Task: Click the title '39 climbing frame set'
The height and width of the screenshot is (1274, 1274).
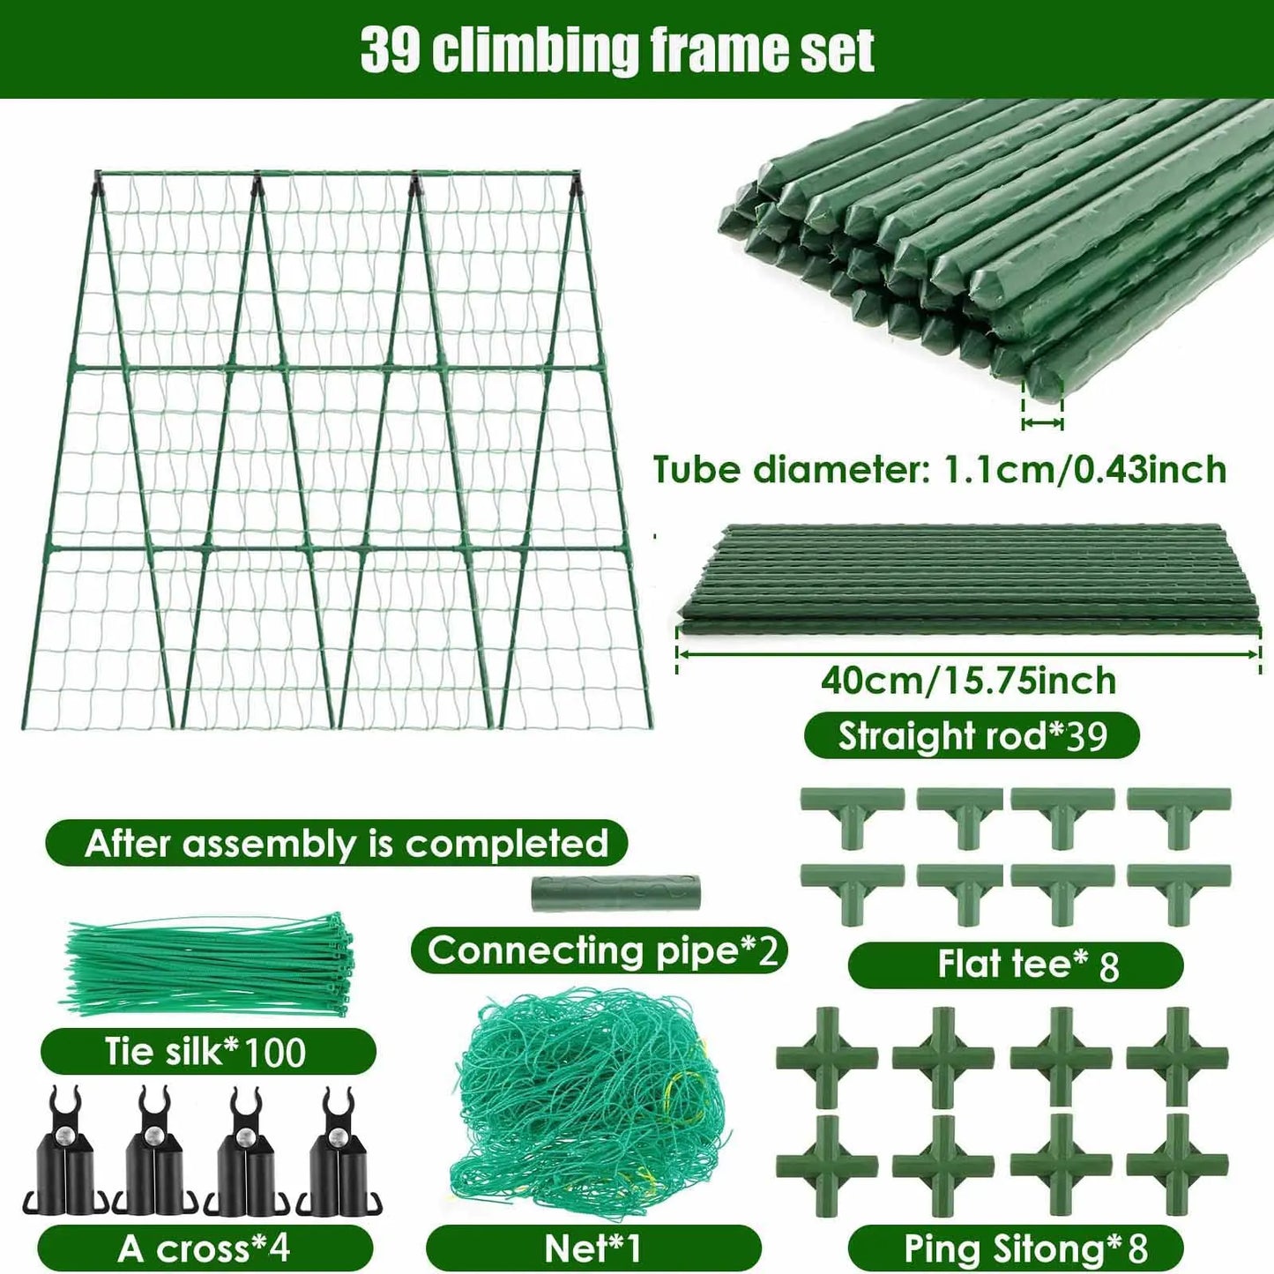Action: [617, 49]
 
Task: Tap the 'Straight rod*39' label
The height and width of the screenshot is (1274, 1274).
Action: [972, 736]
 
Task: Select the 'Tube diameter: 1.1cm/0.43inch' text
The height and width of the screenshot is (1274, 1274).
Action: [940, 470]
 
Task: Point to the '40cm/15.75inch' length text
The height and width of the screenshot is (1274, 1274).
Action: [968, 681]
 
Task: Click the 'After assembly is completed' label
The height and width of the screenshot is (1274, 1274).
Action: [346, 844]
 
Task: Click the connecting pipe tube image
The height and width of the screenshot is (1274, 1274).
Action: [615, 893]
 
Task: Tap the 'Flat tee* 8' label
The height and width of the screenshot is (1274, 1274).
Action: [1016, 965]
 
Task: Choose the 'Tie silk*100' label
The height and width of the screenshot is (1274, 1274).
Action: [206, 1052]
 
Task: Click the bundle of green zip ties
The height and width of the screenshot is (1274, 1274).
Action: [210, 965]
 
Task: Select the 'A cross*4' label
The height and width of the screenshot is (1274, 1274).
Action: [205, 1248]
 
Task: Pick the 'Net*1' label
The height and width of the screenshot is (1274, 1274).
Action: [593, 1248]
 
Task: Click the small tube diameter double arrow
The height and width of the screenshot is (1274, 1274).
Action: [1042, 423]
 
